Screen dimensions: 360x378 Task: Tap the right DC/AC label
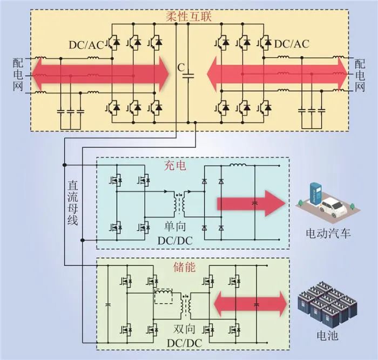[292, 44]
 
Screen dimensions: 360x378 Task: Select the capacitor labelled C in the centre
[188, 76]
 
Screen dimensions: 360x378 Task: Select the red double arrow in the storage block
[250, 305]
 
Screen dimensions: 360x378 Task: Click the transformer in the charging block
[180, 202]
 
